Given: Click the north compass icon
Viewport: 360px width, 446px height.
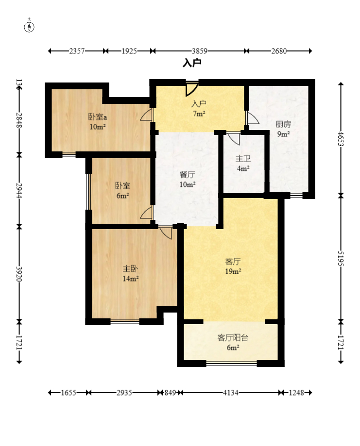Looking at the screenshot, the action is tap(29, 26).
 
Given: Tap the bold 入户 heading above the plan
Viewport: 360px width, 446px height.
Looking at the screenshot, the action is tap(192, 63).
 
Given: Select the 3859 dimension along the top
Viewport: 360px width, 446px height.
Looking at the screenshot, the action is tap(199, 51).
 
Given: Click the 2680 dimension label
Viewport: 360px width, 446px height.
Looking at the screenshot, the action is tap(279, 51).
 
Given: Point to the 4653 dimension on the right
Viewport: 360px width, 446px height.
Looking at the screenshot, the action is tap(341, 138).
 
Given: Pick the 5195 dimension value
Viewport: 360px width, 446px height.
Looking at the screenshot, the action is tap(341, 258).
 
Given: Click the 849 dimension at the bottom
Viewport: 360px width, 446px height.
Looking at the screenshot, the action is tap(170, 393).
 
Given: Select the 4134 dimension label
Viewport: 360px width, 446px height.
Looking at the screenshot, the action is tap(231, 393).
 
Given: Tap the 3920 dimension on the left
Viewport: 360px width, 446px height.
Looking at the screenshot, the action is tap(19, 274).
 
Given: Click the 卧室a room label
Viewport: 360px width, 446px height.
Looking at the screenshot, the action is tap(97, 117).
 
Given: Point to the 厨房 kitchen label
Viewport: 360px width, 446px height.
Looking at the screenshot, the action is tap(283, 124).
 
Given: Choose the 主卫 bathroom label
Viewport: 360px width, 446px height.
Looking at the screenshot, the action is tap(243, 158).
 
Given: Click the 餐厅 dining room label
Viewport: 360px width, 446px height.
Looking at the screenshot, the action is tap(187, 174).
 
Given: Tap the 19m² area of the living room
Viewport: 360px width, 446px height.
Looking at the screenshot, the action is tap(233, 271).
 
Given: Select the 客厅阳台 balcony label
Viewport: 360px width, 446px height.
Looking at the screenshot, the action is tap(233, 338).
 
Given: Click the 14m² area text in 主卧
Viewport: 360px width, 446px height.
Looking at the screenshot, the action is tap(130, 279).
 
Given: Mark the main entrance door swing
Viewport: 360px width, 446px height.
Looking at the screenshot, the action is tap(191, 89).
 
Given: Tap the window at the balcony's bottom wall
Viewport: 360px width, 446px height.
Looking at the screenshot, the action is tap(232, 363).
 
